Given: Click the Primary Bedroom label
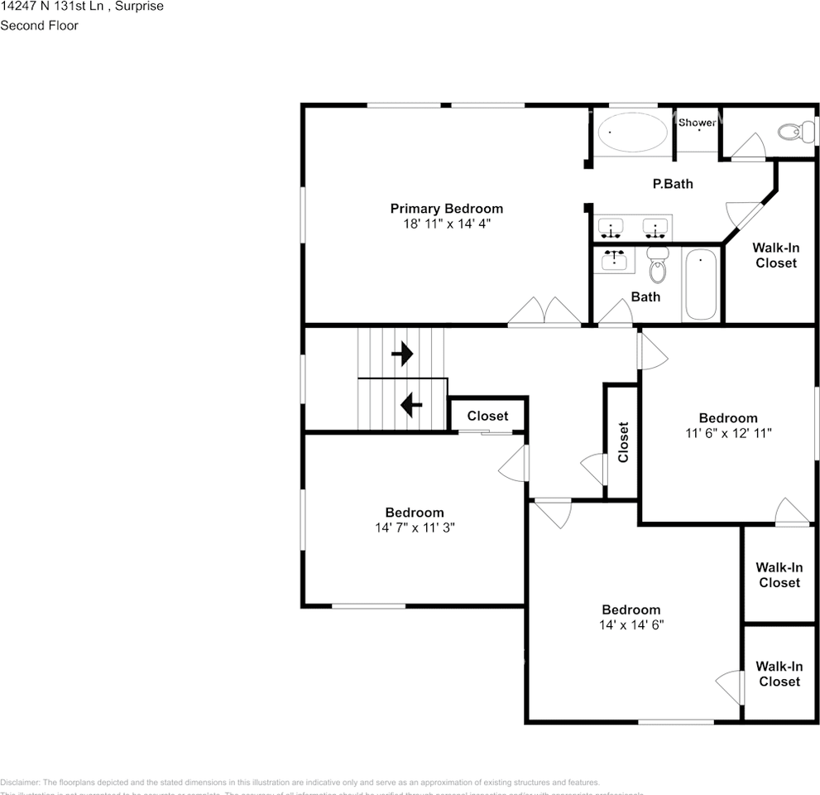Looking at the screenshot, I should (x=446, y=209).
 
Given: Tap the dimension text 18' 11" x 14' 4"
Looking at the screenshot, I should (x=446, y=224).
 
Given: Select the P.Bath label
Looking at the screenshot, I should (x=673, y=184).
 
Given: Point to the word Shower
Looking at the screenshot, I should (x=697, y=123).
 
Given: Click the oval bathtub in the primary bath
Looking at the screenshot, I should (x=632, y=132).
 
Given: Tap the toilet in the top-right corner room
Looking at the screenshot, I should (x=798, y=131).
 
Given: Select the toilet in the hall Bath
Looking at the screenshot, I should (x=657, y=263).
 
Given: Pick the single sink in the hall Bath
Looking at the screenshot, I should (x=613, y=260).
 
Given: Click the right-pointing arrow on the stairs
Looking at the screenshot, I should (x=402, y=354).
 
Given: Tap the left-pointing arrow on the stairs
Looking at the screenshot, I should (x=411, y=405).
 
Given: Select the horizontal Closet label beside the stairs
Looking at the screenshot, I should (x=487, y=416).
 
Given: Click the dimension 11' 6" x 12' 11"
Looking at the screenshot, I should (x=727, y=432).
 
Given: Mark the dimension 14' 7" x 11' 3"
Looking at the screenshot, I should (x=414, y=527).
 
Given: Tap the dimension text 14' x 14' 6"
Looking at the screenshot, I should (x=631, y=624).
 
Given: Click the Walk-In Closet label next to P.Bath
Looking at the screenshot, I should (x=774, y=255).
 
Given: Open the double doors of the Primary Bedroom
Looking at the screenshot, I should (x=544, y=313).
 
